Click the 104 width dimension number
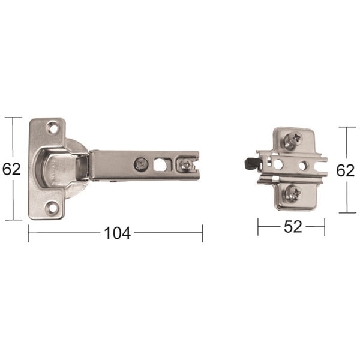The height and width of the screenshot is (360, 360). (118, 233)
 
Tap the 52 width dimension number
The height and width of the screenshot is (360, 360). (293, 227)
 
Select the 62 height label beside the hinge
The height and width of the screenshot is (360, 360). (11, 169)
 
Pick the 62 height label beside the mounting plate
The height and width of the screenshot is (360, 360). (346, 170)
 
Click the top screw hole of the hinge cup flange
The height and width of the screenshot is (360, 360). (53, 129)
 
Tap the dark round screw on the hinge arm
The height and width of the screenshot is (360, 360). (141, 164)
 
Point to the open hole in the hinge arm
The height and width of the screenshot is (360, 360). (160, 164)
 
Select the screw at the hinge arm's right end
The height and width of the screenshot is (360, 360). (185, 165)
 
